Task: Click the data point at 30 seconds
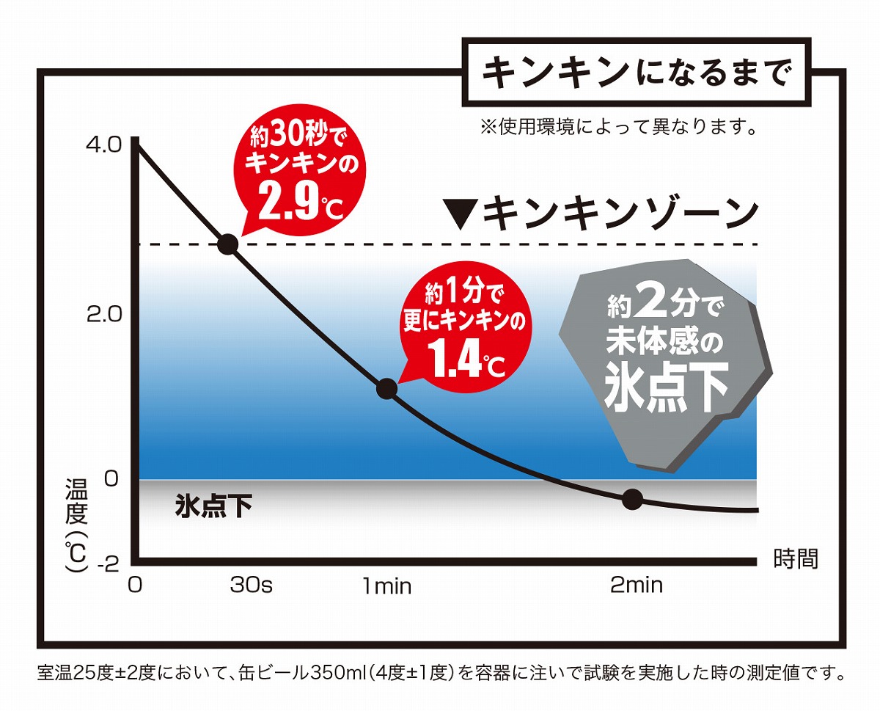click(x=227, y=244)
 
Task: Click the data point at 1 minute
click(x=386, y=389)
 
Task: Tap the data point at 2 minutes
click(x=632, y=500)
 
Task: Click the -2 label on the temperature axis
click(x=107, y=563)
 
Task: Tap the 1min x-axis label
click(x=386, y=586)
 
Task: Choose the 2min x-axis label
click(x=636, y=586)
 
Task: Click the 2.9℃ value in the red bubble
click(x=301, y=203)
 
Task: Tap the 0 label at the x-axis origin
click(x=134, y=586)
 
